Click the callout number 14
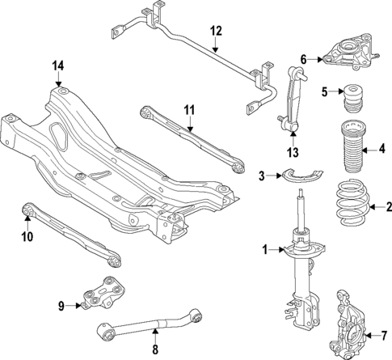tap(57, 66)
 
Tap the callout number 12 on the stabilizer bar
tap(215, 32)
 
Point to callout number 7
tap(384, 335)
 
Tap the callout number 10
tap(26, 237)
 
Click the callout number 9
tap(61, 306)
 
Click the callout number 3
tap(261, 176)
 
